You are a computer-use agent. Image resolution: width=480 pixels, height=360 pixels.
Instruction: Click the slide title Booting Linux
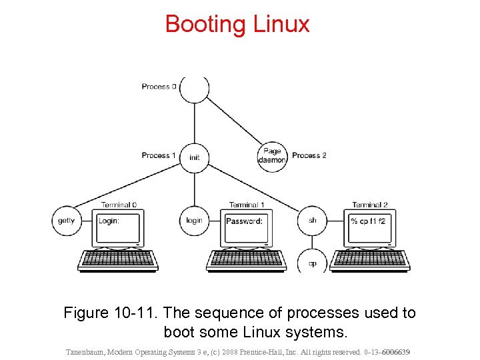(237, 24)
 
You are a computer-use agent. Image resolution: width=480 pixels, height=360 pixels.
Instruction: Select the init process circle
(194, 157)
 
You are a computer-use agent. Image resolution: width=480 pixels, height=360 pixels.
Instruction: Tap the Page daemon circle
(272, 156)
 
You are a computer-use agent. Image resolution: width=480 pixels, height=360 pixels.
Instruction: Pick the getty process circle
(67, 221)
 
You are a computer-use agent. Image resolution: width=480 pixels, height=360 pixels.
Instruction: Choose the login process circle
(194, 221)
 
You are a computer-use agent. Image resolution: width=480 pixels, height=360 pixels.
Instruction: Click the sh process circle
(312, 221)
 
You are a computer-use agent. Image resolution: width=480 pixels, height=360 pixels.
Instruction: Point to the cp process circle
(312, 261)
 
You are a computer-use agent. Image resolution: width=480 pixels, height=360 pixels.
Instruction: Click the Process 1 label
(159, 155)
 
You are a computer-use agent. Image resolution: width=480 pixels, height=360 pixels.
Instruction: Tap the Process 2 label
(309, 155)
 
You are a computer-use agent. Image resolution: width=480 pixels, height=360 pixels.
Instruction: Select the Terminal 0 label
(119, 205)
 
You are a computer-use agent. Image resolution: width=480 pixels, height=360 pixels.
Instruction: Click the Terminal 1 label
(247, 205)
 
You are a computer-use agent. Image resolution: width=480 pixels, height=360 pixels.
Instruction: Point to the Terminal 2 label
(370, 205)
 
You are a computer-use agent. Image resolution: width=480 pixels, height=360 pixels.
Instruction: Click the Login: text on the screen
(109, 221)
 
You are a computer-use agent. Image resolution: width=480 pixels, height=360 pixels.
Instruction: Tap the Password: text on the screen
(244, 221)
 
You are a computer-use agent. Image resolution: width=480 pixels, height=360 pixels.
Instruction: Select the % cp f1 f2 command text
(368, 221)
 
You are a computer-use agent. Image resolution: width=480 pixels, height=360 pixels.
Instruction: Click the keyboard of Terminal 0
(118, 259)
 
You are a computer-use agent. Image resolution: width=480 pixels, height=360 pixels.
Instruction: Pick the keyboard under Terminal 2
(370, 259)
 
